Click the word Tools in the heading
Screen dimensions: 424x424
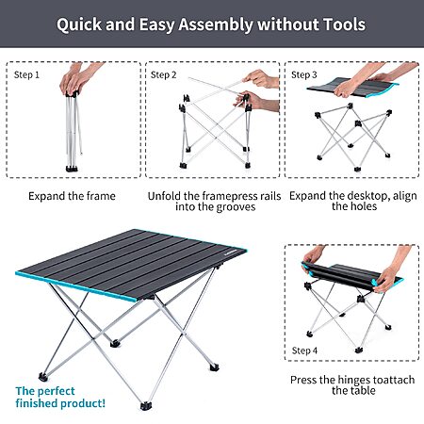coord(344,24)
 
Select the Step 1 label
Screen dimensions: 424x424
coord(26,75)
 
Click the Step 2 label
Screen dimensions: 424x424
coord(163,75)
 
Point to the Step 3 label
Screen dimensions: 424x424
coord(304,75)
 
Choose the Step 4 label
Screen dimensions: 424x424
coord(304,351)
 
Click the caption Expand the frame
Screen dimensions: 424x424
coord(72,196)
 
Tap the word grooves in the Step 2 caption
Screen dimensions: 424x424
coord(236,207)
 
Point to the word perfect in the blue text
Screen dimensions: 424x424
coord(57,391)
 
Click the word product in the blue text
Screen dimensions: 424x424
coord(83,403)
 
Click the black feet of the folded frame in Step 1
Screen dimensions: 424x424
coord(72,169)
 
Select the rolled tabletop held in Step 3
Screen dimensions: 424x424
coord(353,88)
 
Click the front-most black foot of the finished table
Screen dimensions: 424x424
coord(146,406)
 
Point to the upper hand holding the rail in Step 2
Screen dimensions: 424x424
coord(262,78)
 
